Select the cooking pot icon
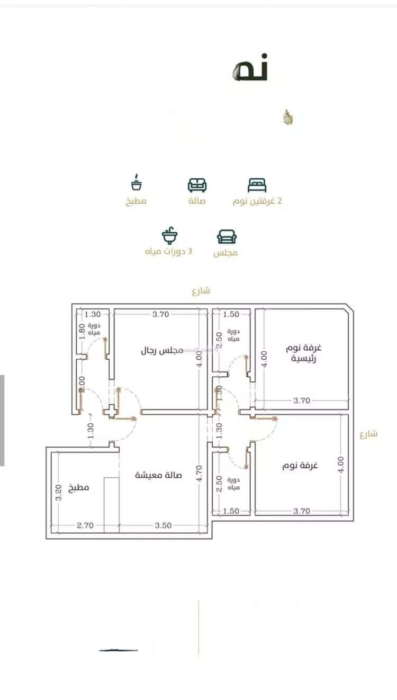(x=136, y=183)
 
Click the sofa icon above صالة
(x=197, y=185)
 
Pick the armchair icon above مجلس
(x=227, y=237)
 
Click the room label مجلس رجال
(x=161, y=350)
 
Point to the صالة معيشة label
(x=158, y=475)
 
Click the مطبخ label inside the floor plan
(x=79, y=487)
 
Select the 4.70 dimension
(x=200, y=472)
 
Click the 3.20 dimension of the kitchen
(x=58, y=493)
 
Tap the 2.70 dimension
(x=85, y=525)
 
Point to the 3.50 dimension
(x=163, y=525)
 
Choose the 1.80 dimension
(x=82, y=332)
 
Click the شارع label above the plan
(x=201, y=290)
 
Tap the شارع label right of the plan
(x=368, y=434)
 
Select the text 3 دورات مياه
(x=169, y=251)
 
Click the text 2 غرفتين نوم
(x=257, y=202)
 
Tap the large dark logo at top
(x=250, y=68)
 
